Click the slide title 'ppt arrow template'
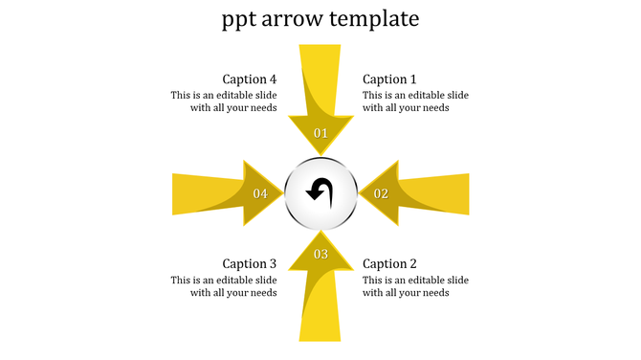point(320,19)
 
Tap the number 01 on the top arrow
point(320,133)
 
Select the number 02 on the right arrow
point(381,193)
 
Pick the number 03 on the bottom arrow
point(320,254)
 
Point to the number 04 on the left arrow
point(260,193)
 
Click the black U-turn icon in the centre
point(320,192)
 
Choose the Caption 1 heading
point(390,79)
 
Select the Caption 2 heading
point(390,263)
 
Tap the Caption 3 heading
point(250,263)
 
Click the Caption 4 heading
point(250,79)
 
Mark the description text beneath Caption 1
point(415,101)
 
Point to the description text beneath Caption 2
point(415,286)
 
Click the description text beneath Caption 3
point(224,286)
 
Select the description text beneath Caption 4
point(224,101)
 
